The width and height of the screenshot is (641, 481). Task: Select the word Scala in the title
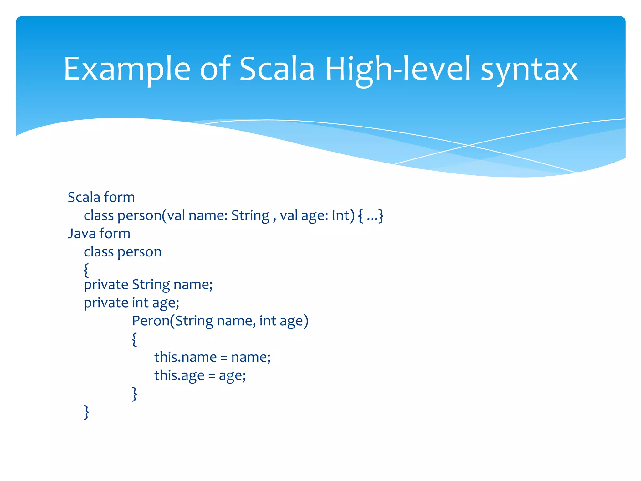tap(277, 69)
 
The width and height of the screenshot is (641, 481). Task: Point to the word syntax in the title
tap(529, 70)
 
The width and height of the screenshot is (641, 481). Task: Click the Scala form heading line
tap(101, 197)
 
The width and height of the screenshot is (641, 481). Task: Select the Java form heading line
tap(99, 234)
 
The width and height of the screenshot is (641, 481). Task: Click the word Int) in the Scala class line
tap(343, 215)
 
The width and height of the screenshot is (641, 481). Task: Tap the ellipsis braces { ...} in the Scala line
tap(371, 215)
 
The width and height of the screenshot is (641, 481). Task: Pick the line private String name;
tap(148, 285)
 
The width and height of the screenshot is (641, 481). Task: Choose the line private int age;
tap(131, 303)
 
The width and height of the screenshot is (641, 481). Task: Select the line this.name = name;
tap(212, 357)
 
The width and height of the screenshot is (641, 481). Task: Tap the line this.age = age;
tap(200, 375)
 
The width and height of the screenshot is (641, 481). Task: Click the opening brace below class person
tap(86, 270)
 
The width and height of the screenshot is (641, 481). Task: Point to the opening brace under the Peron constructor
tap(134, 339)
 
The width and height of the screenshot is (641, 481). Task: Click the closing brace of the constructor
tap(134, 394)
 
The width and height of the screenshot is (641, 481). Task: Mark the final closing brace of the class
tap(86, 412)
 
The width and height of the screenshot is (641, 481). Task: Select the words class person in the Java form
tap(122, 252)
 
